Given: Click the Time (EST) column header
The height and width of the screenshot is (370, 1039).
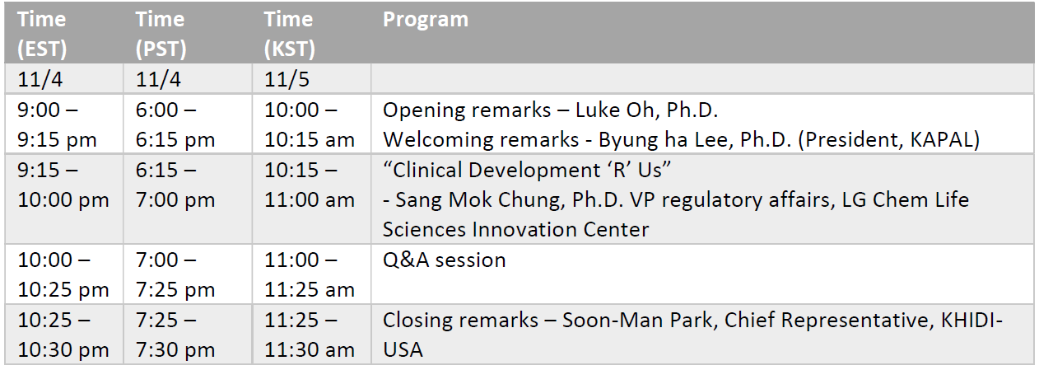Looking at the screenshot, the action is (x=42, y=34).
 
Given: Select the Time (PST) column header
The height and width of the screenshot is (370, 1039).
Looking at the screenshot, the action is (x=161, y=34).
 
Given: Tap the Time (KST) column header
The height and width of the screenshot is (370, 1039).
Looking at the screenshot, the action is (x=289, y=34).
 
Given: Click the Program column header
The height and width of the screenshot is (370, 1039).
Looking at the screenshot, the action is (x=426, y=20).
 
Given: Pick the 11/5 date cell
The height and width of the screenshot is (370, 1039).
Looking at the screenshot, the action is (x=287, y=79).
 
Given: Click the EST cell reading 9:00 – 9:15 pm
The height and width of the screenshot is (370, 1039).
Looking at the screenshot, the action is (x=57, y=124).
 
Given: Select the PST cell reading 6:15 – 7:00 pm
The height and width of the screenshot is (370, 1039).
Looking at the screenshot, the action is (x=175, y=185).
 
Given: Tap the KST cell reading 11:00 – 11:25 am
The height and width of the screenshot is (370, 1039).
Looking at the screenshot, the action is (x=309, y=274).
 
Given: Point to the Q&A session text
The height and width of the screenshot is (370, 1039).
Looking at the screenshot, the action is (x=444, y=260).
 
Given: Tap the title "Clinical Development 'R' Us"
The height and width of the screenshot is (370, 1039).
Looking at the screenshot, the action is (x=526, y=170).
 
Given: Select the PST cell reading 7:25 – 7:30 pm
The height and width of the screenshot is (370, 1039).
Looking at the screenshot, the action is (x=175, y=335).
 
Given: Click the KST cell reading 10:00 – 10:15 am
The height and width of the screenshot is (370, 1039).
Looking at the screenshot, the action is (x=309, y=124).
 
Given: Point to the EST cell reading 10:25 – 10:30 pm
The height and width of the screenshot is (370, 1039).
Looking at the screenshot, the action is (x=63, y=335).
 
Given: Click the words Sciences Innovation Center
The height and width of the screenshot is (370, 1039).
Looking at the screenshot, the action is (x=515, y=230).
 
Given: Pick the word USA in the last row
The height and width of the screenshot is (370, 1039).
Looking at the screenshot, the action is (x=403, y=350).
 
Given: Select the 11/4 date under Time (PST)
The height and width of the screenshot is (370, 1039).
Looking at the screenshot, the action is (x=158, y=79).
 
